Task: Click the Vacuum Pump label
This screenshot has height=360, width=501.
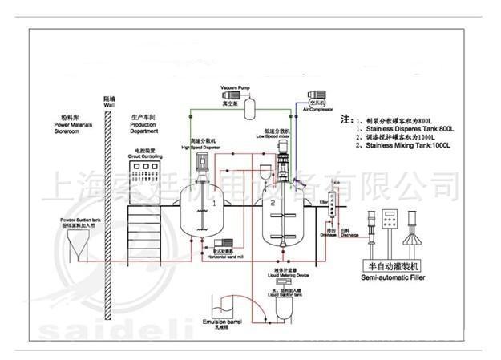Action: click(x=237, y=86)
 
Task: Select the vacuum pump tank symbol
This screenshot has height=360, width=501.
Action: click(x=248, y=104)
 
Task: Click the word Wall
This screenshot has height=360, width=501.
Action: click(x=110, y=105)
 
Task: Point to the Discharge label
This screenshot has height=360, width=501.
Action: click(x=349, y=235)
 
